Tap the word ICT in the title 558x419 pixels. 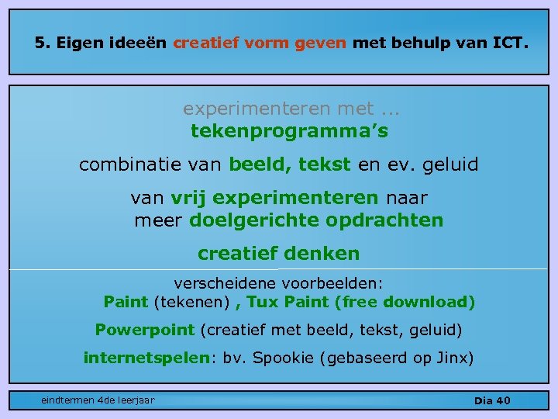(x=509, y=43)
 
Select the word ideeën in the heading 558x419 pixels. (x=142, y=43)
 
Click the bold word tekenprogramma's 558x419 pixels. (x=289, y=132)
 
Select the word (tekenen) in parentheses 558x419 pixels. (x=191, y=301)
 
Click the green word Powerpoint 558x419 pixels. (x=144, y=330)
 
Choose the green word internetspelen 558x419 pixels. (x=146, y=358)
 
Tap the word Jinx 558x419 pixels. (x=451, y=358)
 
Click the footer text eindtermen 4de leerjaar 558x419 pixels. (x=98, y=400)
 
